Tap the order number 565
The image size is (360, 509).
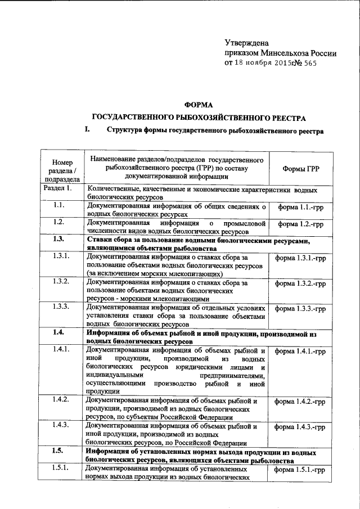(310, 64)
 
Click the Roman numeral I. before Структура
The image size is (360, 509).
(87, 131)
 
